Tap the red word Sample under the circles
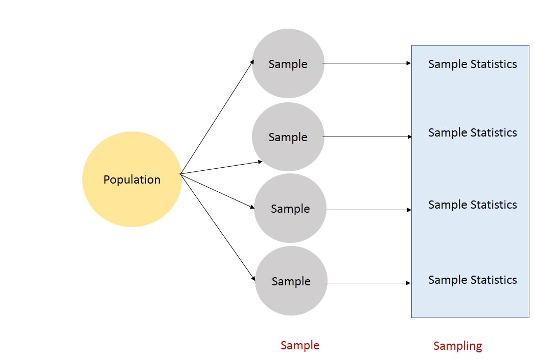(300, 345)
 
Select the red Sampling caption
(457, 346)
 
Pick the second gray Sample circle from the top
(288, 153)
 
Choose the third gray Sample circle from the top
(290, 225)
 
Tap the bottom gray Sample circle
(291, 299)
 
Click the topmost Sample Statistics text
(472, 64)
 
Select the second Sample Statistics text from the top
(472, 132)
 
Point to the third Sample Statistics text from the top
(472, 205)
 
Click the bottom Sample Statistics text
(472, 280)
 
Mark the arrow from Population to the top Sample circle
(217, 117)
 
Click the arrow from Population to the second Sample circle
(221, 168)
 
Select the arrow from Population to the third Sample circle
(217, 191)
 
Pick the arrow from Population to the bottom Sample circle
(218, 227)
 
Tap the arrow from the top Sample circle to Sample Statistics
(367, 63)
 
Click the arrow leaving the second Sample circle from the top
(367, 137)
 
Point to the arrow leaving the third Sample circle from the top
(368, 210)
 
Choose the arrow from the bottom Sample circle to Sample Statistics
(368, 283)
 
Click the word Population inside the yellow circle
(132, 179)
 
